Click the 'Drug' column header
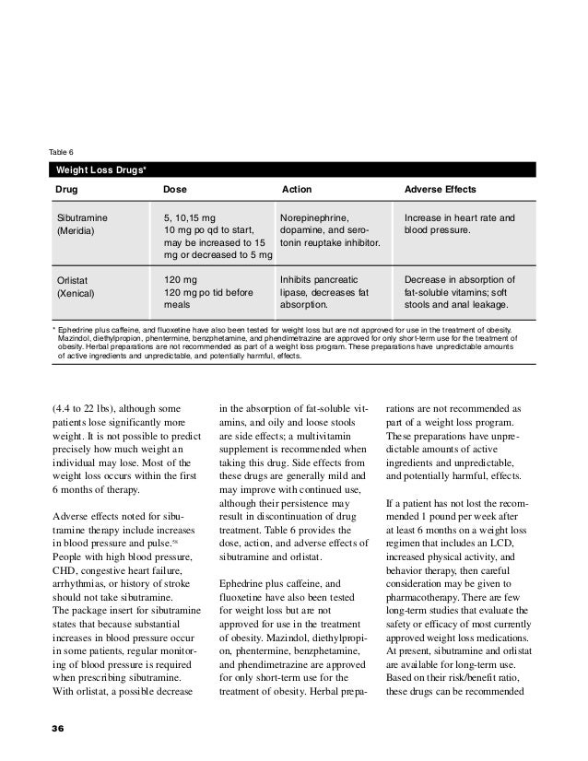click(67, 190)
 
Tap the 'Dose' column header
click(174, 190)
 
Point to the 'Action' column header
click(296, 190)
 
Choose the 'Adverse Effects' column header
click(440, 190)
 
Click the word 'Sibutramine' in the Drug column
click(83, 217)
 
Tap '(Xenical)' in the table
click(76, 293)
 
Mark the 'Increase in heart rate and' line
click(460, 217)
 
